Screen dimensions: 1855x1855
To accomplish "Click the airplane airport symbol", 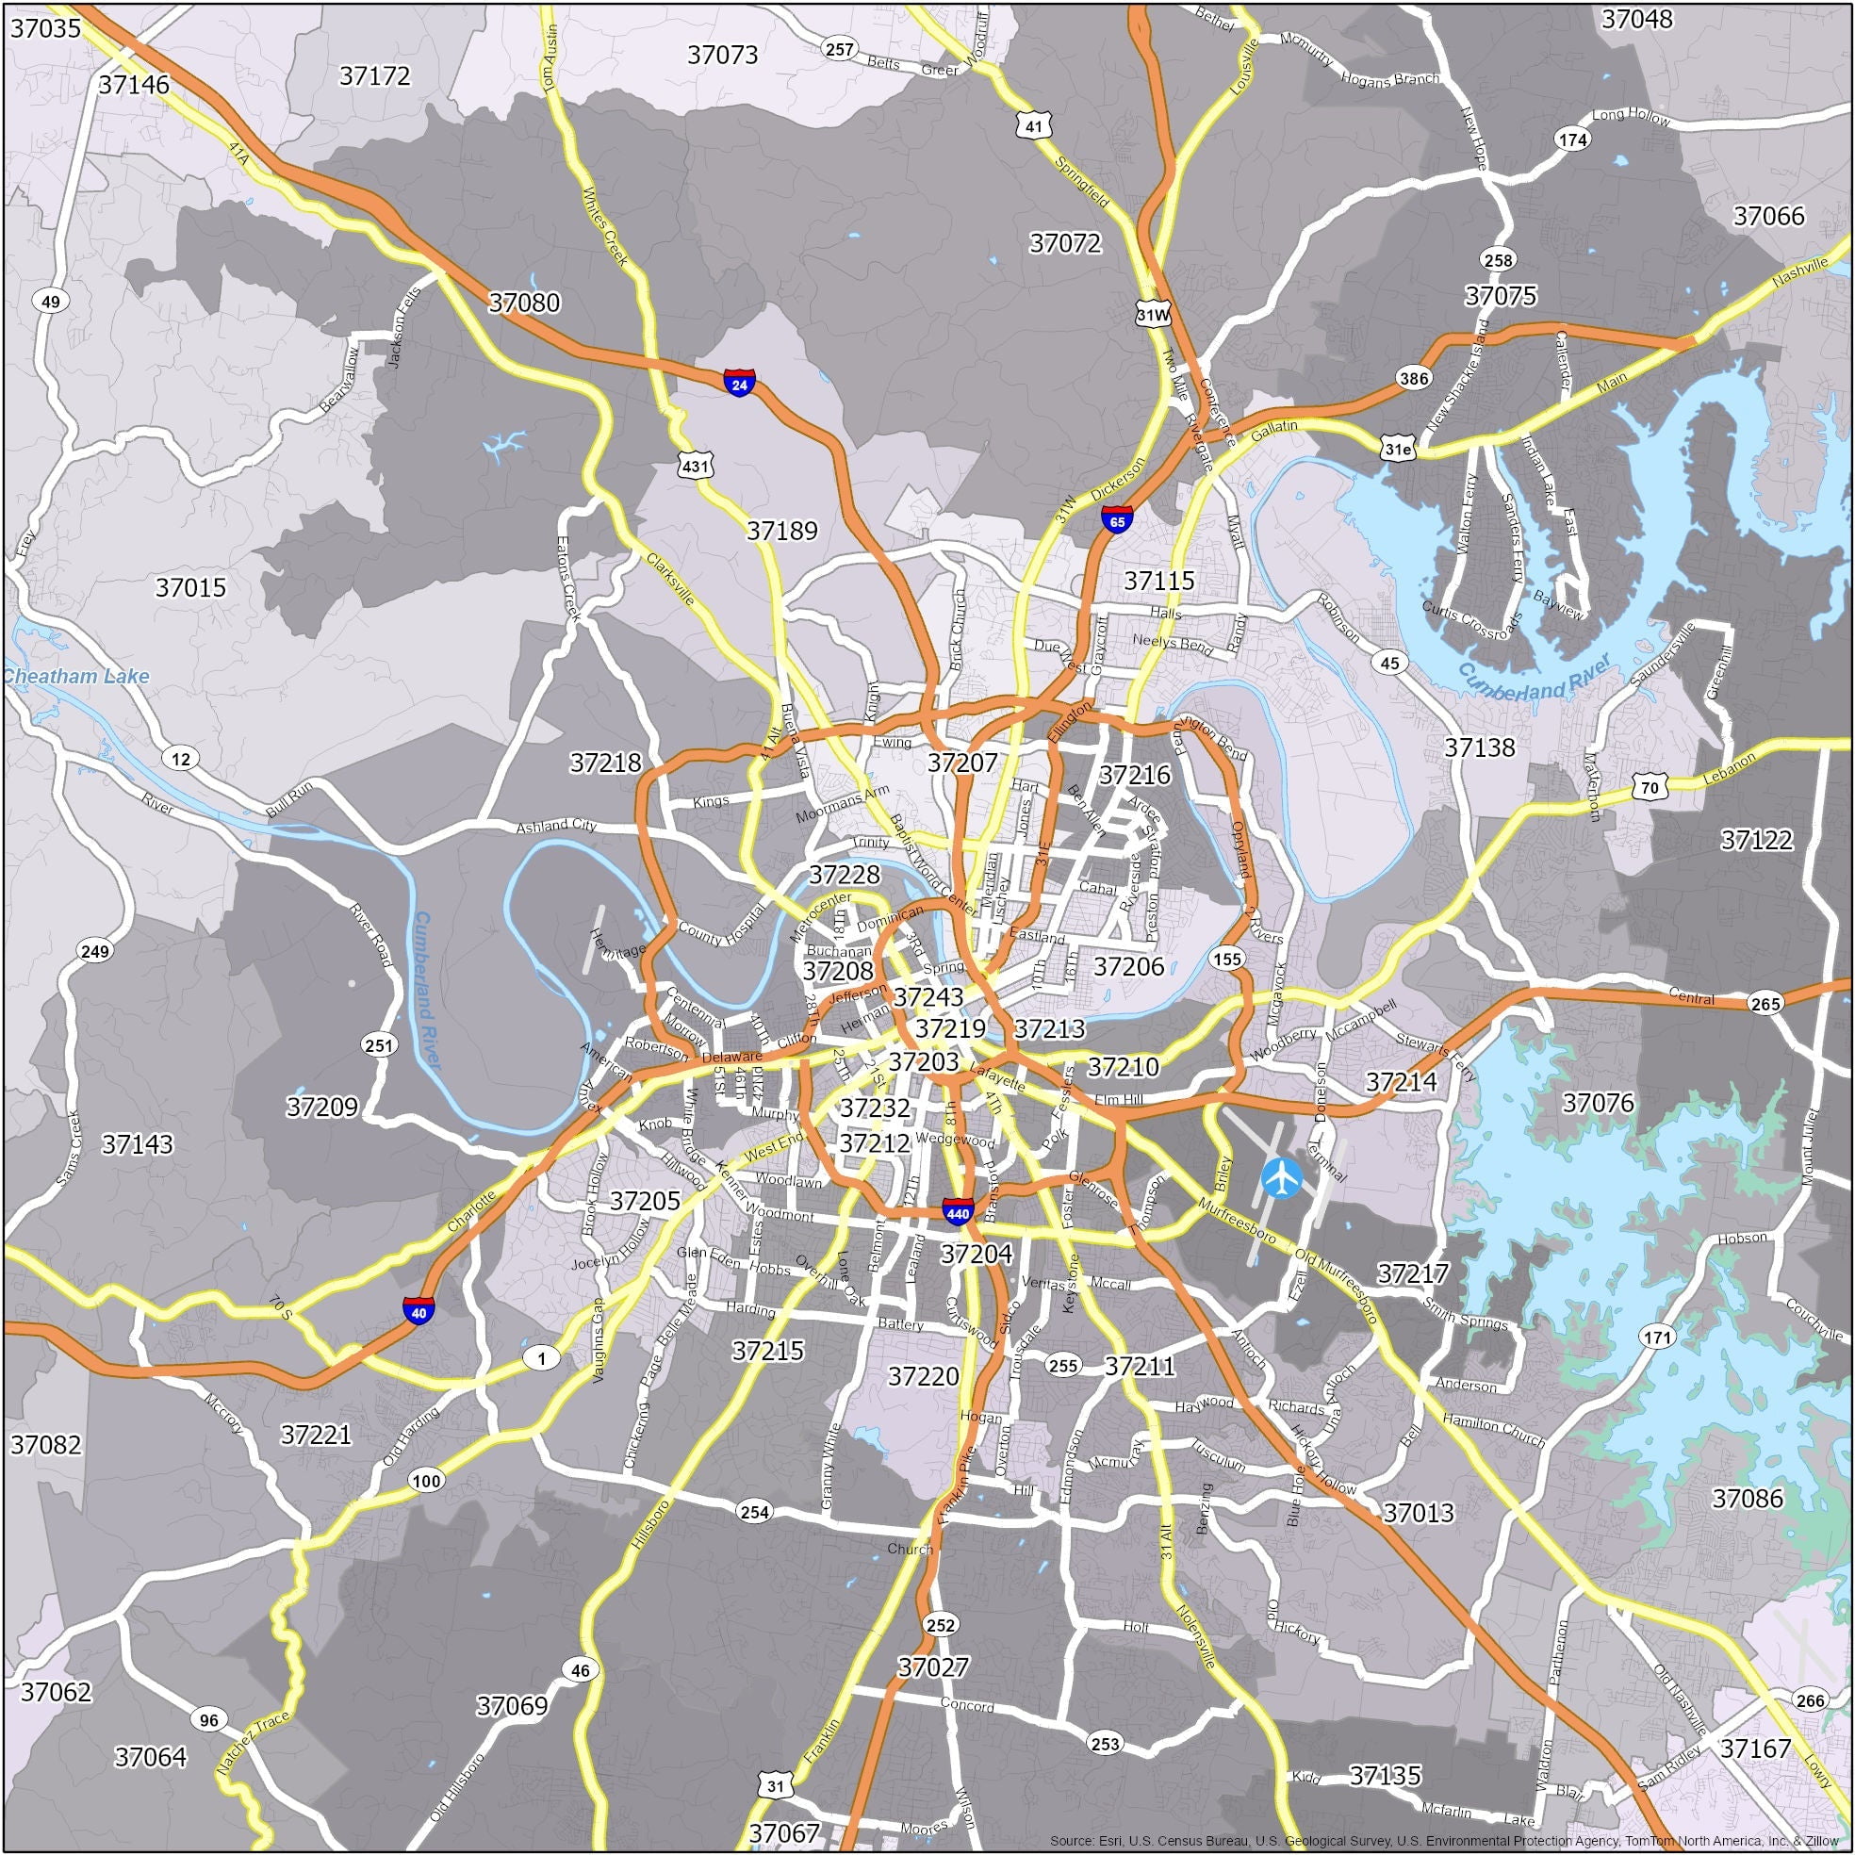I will tap(1281, 1176).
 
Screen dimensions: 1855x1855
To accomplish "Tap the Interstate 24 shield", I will tap(739, 382).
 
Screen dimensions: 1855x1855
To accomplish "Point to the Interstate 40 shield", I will tap(418, 1309).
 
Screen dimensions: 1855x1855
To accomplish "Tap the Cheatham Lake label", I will tap(76, 676).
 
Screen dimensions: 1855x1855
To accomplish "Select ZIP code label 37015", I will tap(190, 586).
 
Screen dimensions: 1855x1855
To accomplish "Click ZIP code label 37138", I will tap(1480, 747).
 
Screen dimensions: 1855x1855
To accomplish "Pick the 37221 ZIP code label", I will tap(316, 1435).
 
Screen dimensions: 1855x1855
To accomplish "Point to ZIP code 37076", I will tap(1598, 1102).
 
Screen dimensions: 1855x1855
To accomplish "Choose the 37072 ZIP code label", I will tap(1065, 243).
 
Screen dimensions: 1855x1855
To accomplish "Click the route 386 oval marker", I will tap(1413, 378).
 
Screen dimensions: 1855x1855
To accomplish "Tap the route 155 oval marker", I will tap(1227, 959).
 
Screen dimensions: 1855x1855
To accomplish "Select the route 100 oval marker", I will tap(426, 1480).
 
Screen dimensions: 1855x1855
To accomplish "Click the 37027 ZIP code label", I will tap(933, 1666).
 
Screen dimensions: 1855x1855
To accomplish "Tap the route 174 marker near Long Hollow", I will tap(1573, 140).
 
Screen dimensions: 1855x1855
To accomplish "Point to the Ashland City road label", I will tap(556, 826).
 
